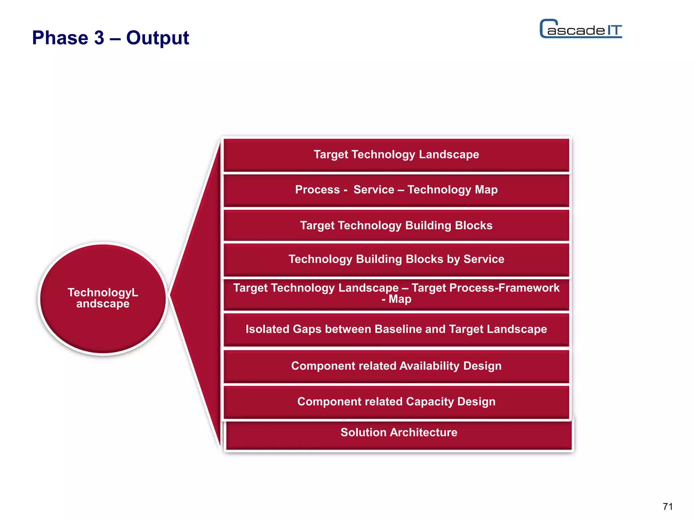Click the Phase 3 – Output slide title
110,38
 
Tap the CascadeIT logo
580,29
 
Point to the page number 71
668,506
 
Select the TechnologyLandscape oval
103,299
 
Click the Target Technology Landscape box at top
396,155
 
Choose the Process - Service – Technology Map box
396,190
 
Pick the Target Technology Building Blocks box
396,225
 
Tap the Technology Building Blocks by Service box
396,259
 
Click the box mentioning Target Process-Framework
396,294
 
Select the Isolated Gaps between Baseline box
396,329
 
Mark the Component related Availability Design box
396,366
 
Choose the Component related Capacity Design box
396,402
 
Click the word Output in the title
158,38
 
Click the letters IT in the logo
614,30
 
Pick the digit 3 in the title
99,38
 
